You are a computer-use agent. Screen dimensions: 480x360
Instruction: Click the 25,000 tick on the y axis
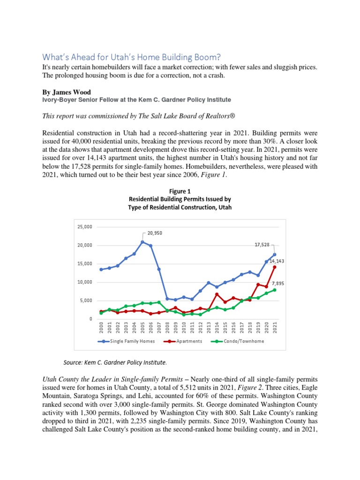(x=85, y=226)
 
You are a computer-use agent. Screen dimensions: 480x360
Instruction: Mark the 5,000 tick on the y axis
(x=86, y=300)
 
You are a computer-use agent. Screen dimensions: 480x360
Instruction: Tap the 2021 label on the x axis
(x=275, y=329)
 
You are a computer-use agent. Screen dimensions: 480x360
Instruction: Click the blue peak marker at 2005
(x=142, y=242)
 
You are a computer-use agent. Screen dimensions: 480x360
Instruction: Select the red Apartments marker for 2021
(x=275, y=267)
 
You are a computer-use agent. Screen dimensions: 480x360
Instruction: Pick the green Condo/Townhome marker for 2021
(x=275, y=290)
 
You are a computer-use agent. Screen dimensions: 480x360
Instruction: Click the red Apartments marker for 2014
(x=217, y=294)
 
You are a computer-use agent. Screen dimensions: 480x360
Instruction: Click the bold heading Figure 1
(x=180, y=191)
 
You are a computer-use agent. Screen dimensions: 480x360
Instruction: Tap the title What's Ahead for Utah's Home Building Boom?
(x=131, y=57)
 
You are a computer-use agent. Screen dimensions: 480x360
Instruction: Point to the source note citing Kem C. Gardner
(x=115, y=362)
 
